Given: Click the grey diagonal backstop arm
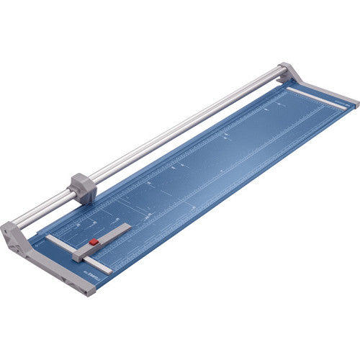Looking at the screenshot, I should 108,237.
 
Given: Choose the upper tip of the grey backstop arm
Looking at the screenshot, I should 127,227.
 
